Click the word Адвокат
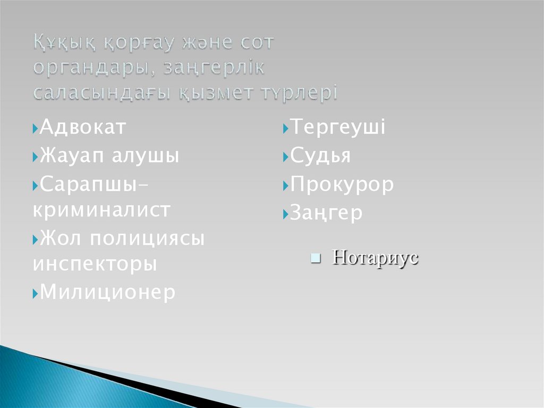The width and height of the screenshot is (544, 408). point(83,128)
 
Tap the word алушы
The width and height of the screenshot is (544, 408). point(145,156)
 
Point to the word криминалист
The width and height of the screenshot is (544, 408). point(101,210)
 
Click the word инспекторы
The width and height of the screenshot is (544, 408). point(95,264)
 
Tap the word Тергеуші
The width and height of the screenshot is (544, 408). point(337,128)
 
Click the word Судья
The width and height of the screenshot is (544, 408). point(320,156)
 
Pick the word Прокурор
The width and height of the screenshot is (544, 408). point(342,185)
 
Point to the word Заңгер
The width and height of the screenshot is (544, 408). point(326,213)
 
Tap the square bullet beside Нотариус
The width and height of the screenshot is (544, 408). point(315,259)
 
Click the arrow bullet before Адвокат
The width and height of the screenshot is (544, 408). point(35,129)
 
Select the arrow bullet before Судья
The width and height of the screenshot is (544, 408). point(285,157)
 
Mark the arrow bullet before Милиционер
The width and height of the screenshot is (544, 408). point(35,293)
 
